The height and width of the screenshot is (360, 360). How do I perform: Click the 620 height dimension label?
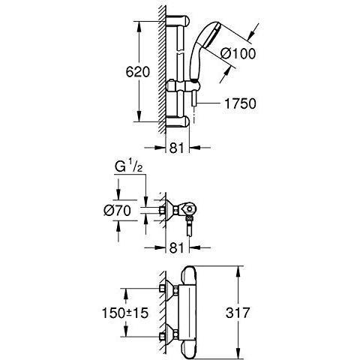pos(137,72)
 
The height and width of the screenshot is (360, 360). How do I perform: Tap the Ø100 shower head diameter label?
pos(238,53)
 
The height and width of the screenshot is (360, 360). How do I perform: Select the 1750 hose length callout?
pos(240,103)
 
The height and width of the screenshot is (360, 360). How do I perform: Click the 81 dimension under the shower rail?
pos(176,148)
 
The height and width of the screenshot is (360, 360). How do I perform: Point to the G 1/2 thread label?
pos(128,167)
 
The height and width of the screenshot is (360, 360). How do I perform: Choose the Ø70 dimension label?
pos(117,211)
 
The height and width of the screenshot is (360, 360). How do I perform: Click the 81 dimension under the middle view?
pos(176,247)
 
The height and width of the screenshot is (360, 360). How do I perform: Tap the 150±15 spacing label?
pos(125,313)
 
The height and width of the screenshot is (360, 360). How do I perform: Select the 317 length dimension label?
pos(238,313)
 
